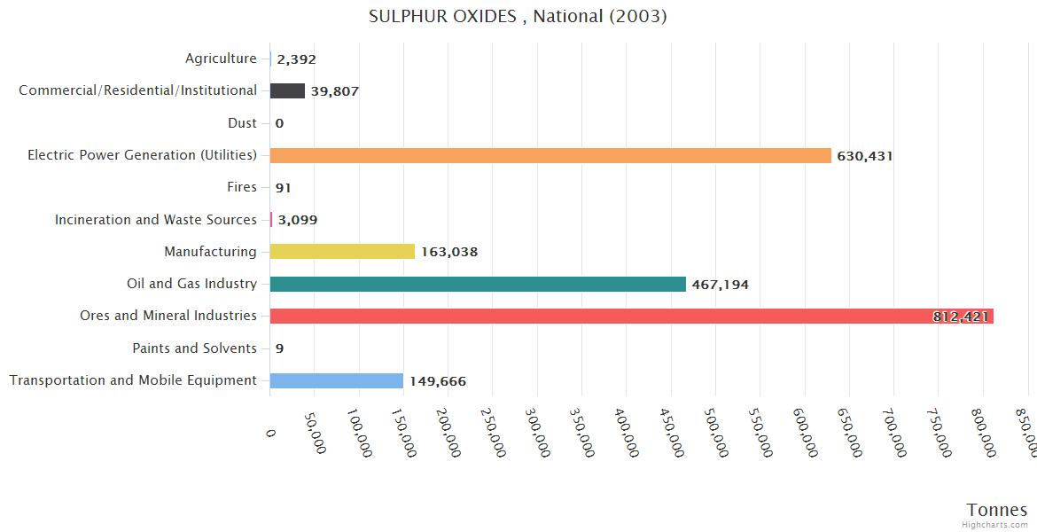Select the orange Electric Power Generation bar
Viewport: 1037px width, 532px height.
pyautogui.click(x=550, y=155)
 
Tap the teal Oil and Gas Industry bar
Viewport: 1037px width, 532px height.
pyautogui.click(x=478, y=284)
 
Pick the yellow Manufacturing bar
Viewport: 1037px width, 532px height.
pyautogui.click(x=342, y=252)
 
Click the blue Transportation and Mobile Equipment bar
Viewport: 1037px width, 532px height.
pyautogui.click(x=337, y=380)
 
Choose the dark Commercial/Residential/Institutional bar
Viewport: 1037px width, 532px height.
pyautogui.click(x=287, y=90)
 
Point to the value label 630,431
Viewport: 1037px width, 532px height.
pyautogui.click(x=865, y=156)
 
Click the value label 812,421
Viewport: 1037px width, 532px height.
pyautogui.click(x=960, y=317)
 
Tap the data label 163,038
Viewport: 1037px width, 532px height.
pyautogui.click(x=449, y=252)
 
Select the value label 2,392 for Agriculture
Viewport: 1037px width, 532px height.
pyautogui.click(x=296, y=59)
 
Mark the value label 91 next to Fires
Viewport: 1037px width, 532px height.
pyautogui.click(x=284, y=188)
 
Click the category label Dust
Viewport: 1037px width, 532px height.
pyautogui.click(x=242, y=123)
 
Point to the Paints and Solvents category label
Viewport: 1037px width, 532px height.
pyautogui.click(x=194, y=348)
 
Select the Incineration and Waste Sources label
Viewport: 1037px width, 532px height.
pyautogui.click(x=156, y=220)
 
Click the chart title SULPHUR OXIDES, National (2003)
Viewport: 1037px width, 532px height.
pyautogui.click(x=518, y=17)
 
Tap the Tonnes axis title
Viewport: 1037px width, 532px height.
pyautogui.click(x=997, y=510)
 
